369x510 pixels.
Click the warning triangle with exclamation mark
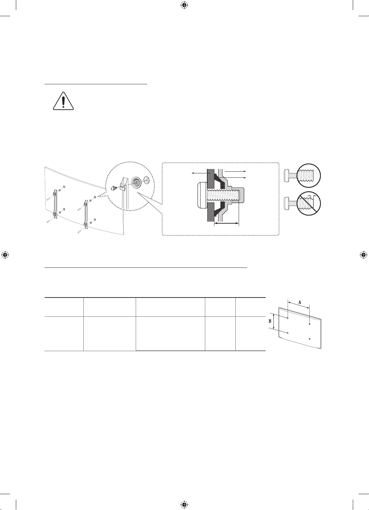[x=63, y=101]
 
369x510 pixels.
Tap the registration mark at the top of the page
[x=184, y=5]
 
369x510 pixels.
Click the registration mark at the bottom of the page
[x=184, y=505]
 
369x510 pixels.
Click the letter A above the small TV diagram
[x=300, y=302]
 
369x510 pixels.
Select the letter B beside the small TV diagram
[x=270, y=321]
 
